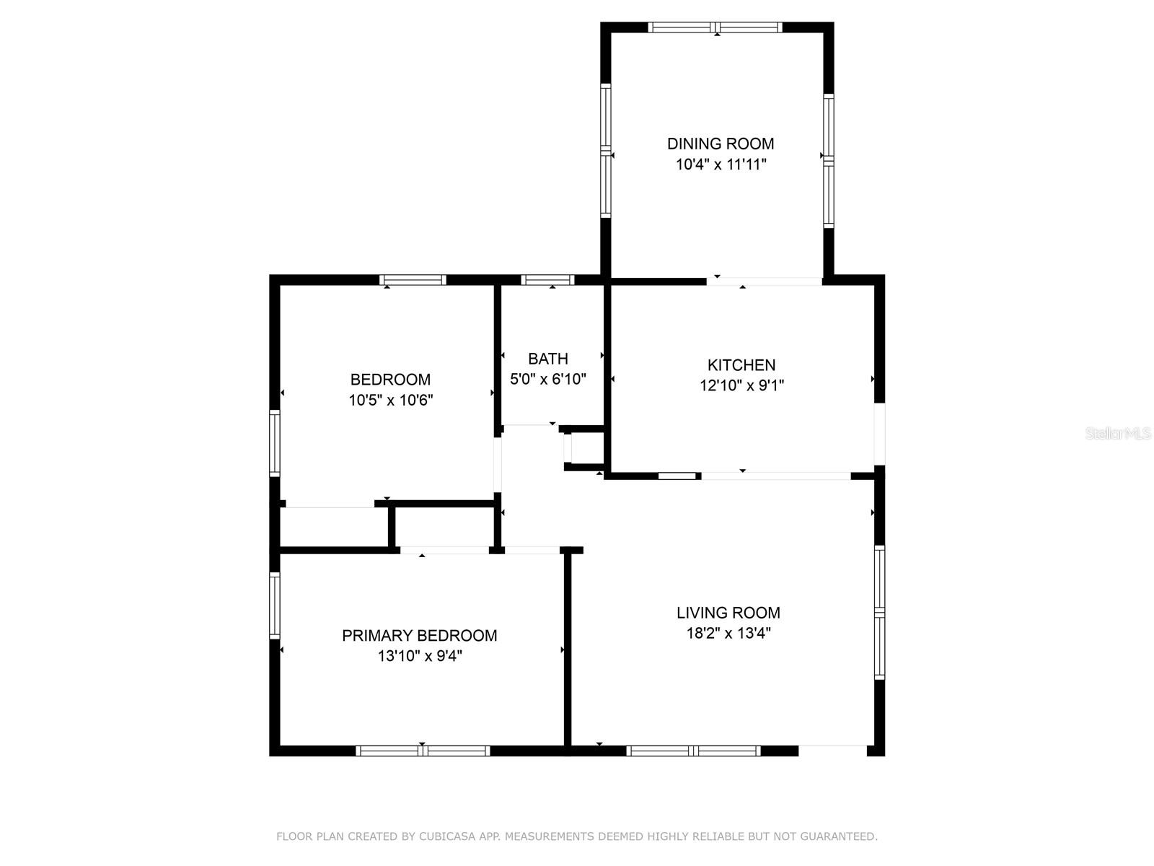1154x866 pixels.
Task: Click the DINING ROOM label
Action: tap(720, 144)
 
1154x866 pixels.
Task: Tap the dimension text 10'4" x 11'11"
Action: tap(720, 165)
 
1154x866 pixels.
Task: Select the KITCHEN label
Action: tap(741, 365)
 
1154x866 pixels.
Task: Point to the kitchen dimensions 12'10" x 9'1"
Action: tap(741, 385)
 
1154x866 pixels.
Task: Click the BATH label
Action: tap(547, 359)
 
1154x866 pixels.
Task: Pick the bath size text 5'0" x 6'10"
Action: tap(547, 379)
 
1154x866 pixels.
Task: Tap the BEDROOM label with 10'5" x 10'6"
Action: tap(390, 380)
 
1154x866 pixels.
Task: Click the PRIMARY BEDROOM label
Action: tap(419, 636)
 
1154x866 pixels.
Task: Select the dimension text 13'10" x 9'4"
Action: tap(419, 656)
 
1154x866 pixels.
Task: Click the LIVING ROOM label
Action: tap(728, 613)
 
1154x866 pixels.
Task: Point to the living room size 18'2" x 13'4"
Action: tap(728, 634)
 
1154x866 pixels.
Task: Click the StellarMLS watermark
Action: tap(1117, 434)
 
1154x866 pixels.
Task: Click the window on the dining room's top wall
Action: tap(715, 27)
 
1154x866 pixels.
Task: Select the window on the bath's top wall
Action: tap(547, 280)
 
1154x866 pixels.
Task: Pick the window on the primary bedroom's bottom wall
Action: tap(423, 751)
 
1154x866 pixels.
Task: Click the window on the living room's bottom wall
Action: tap(693, 751)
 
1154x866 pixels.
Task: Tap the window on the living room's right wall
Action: tap(879, 612)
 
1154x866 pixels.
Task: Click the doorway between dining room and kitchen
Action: tap(765, 281)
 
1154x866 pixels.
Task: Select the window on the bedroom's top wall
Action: tap(413, 280)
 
